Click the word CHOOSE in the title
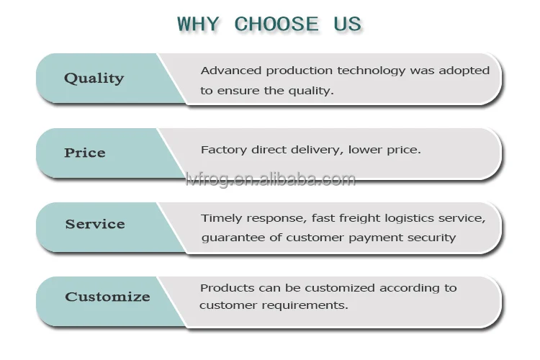click(276, 24)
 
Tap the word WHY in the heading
click(198, 24)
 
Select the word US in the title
click(347, 24)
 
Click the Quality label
click(94, 78)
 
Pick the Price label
click(85, 153)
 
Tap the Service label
click(95, 224)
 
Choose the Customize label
click(107, 297)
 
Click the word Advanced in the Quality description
click(231, 71)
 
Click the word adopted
click(464, 71)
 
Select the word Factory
click(224, 150)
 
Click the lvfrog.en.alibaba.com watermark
click(270, 179)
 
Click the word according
click(409, 288)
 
